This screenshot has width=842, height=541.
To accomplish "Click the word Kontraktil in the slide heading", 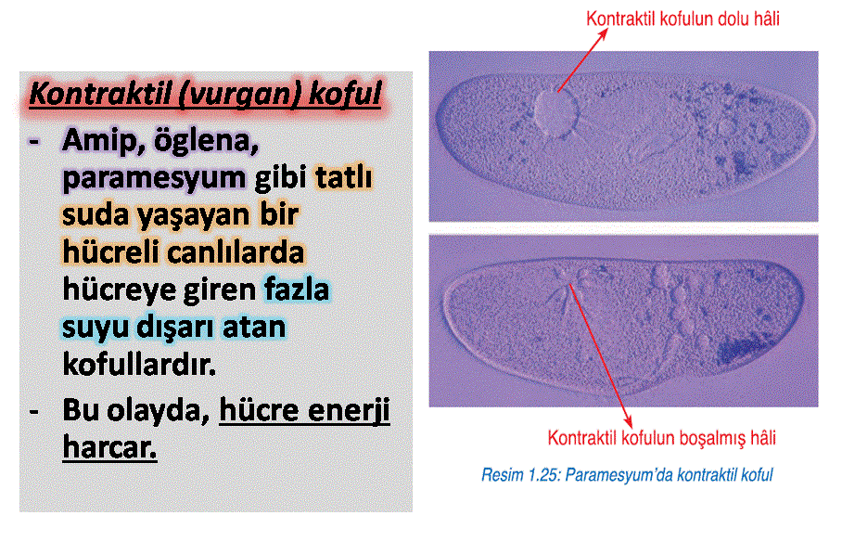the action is pos(99,94).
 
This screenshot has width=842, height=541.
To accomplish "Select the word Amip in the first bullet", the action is pos(103,142).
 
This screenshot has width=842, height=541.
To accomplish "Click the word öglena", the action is pos(206,141).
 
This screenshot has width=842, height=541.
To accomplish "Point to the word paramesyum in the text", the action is pos(154,178).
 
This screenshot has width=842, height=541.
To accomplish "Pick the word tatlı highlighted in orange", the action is pos(343,176).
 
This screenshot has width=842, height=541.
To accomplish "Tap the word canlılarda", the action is pos(236,251).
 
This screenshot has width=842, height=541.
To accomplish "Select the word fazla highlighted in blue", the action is pos(296,289).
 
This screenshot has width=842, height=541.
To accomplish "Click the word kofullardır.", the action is pos(139,364).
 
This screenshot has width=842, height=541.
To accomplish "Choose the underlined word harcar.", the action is pos(109,447).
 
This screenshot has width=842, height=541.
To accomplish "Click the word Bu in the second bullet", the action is pos(80,410).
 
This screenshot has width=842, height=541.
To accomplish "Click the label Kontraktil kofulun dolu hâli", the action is pos(683,19).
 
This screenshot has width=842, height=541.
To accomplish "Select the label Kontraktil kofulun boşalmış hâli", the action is pos(661,438).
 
